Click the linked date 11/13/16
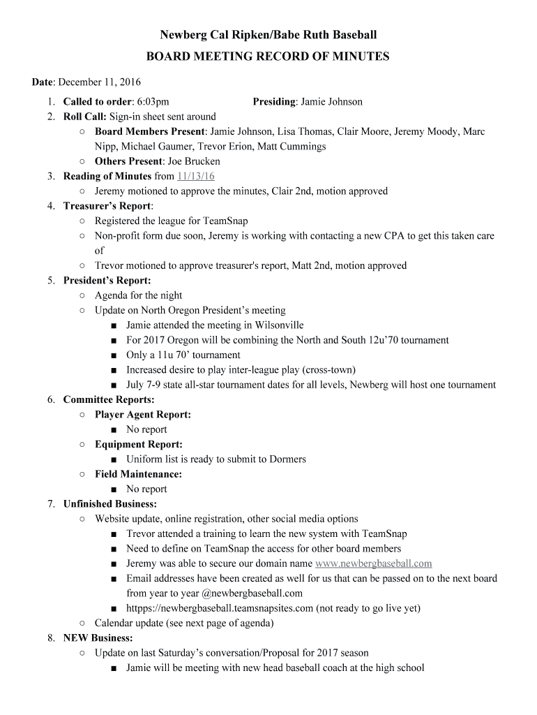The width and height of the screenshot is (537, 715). tap(196, 176)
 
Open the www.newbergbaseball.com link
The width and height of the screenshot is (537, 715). tap(373, 563)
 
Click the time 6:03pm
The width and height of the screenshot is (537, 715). tap(153, 102)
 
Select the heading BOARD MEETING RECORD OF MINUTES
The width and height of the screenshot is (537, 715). tap(268, 57)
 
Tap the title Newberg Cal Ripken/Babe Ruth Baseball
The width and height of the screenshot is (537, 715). tap(268, 34)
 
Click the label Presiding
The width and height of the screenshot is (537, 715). tap(273, 102)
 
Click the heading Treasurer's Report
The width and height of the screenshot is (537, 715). tap(107, 206)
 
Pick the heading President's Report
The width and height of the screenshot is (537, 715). tap(107, 281)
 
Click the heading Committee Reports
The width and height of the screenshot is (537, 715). tap(109, 400)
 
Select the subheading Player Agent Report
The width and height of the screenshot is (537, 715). tap(142, 415)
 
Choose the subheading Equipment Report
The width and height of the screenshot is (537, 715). tap(138, 444)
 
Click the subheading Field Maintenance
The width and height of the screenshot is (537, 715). tap(138, 474)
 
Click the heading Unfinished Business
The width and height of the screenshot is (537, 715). tap(109, 503)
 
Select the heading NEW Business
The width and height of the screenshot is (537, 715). tap(98, 638)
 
